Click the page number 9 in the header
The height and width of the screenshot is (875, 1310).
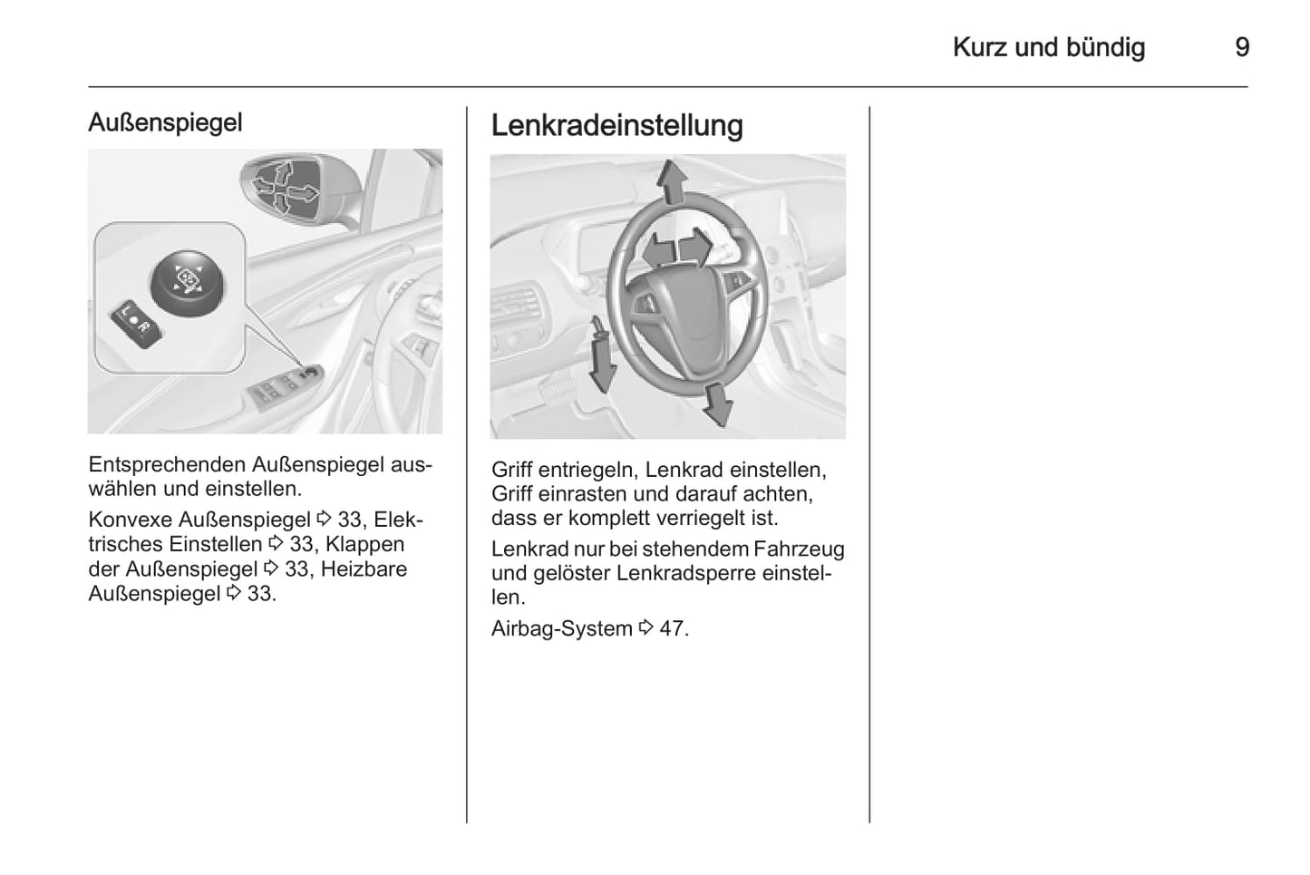pos(1242,47)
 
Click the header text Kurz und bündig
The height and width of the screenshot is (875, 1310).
pos(1048,47)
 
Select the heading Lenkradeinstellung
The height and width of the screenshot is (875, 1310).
pos(616,125)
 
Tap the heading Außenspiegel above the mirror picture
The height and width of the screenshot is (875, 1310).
pos(165,122)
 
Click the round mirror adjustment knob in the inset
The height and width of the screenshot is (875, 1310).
pos(186,282)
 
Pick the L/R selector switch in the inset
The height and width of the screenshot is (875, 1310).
pos(137,324)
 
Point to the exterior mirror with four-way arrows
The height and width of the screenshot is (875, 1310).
pos(286,188)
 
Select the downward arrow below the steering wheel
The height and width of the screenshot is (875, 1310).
pos(717,404)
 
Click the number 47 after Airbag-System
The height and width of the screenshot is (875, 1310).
pos(673,628)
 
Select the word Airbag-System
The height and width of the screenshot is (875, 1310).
pos(561,628)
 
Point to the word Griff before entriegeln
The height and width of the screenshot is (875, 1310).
pos(511,471)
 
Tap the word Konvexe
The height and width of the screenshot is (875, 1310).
pos(131,520)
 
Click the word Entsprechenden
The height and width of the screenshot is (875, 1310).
pos(167,465)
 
